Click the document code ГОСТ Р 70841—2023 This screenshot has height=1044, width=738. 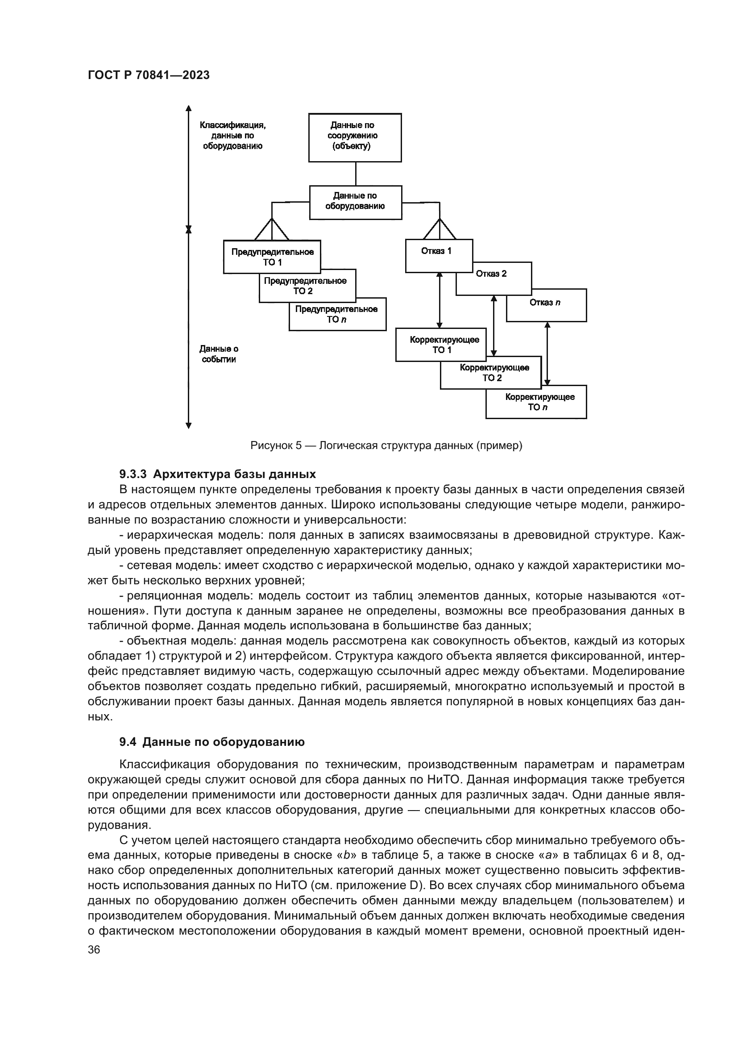[x=149, y=75]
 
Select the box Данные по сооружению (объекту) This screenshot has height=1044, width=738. [x=354, y=137]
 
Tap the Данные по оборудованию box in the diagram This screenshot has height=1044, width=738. [x=355, y=202]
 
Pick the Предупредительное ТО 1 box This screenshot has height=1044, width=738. [x=272, y=257]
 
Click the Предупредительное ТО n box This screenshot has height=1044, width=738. [x=337, y=314]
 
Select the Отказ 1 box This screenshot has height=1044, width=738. [x=438, y=255]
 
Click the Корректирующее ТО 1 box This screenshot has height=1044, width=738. [x=444, y=345]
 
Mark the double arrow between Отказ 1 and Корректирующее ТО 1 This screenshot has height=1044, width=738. [x=439, y=300]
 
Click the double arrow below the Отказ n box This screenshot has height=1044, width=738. [x=547, y=354]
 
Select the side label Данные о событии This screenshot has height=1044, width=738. [x=219, y=354]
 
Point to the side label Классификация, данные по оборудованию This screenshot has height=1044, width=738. [x=232, y=136]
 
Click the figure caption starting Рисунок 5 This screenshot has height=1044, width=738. [x=386, y=445]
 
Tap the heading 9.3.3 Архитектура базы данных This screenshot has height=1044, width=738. [x=217, y=474]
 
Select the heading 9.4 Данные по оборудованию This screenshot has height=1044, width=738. [x=212, y=742]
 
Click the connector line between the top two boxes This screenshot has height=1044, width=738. [x=355, y=174]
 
